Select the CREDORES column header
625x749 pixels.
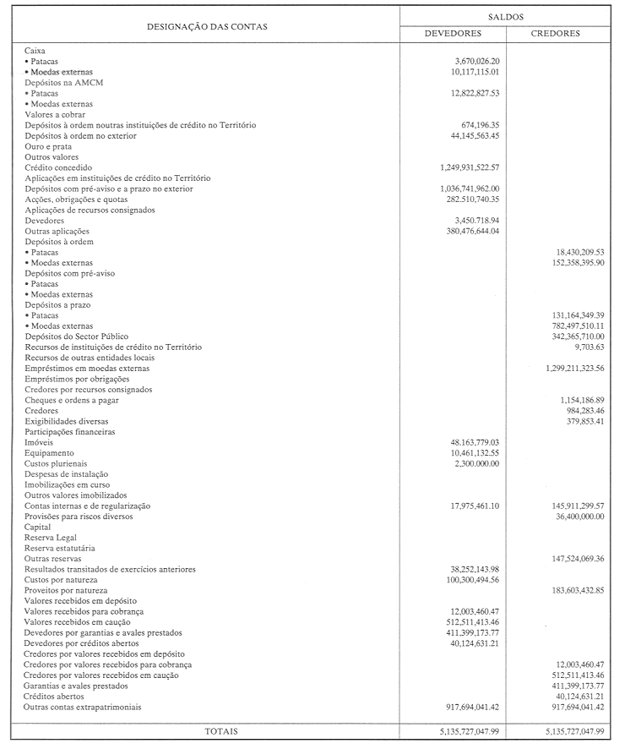555,35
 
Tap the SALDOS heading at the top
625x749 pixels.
504,16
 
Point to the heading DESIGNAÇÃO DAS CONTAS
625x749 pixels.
207,26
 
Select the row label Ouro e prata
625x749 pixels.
46,146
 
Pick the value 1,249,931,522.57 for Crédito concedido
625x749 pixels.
470,167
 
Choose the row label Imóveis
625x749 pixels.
38,442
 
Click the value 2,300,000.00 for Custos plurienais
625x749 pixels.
476,463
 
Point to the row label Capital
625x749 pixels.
39,527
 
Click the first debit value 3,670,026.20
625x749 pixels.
476,62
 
